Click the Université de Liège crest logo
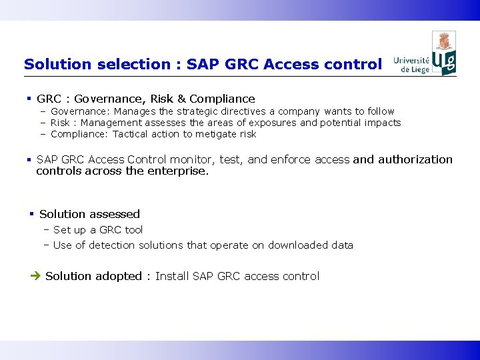coord(444,53)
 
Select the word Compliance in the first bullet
coord(222,99)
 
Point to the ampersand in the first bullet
coord(180,99)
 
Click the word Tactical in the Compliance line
coord(131,134)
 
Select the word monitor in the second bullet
coord(189,159)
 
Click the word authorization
coord(415,159)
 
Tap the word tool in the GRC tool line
coord(134,229)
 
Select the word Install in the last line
coord(172,276)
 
